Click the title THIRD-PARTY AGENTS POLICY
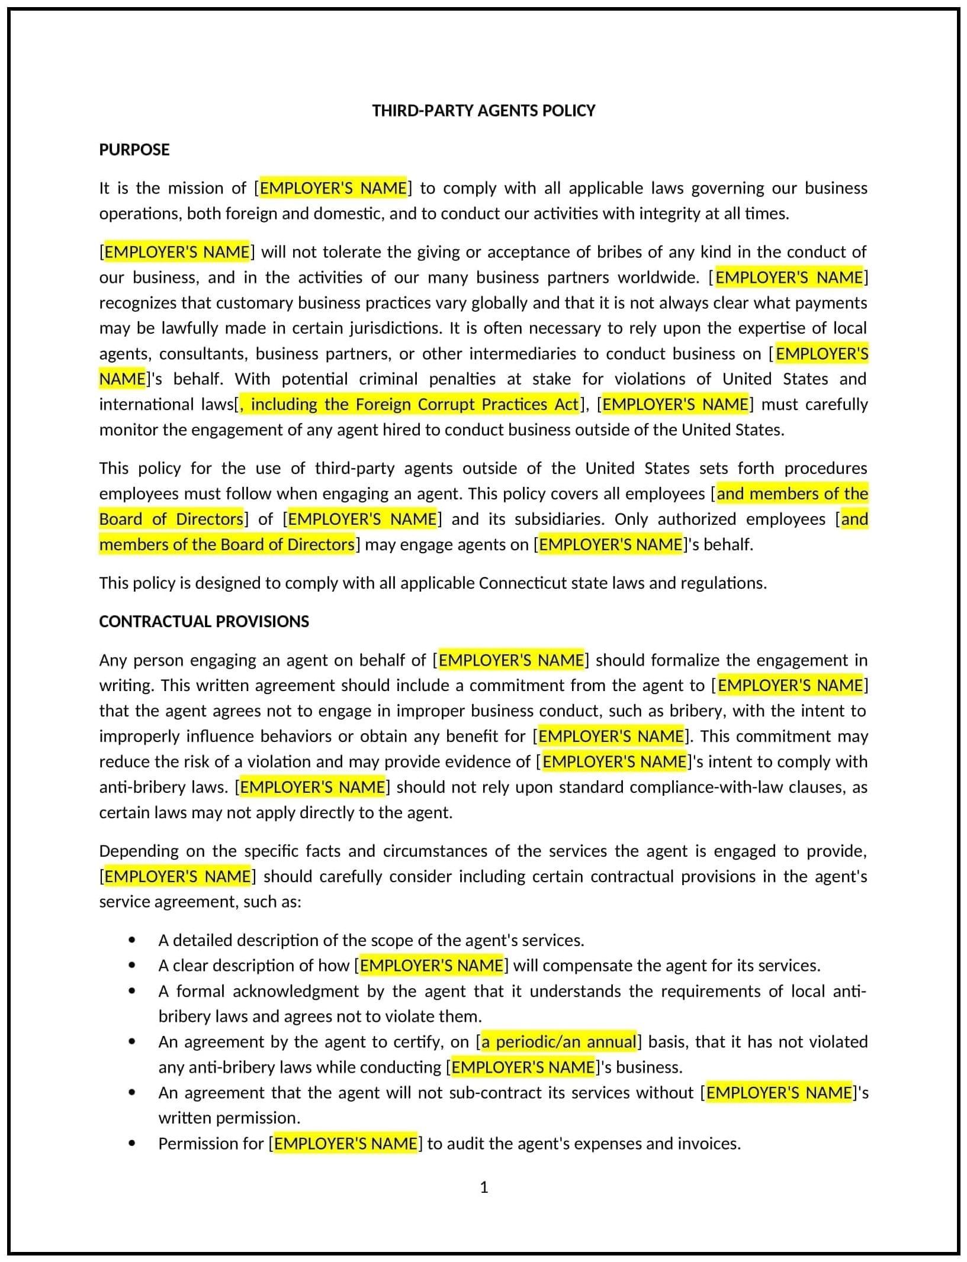pos(483,111)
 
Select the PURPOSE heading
pos(134,150)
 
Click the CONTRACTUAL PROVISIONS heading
pos(204,621)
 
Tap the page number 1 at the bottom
pos(484,1187)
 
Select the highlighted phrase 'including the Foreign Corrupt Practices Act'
pos(414,405)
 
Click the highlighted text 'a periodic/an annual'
pos(558,1042)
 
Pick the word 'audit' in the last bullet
pos(468,1144)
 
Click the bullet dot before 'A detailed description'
pos(131,940)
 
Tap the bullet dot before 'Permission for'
pos(131,1144)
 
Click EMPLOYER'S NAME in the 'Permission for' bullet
pos(345,1144)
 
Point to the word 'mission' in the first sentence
pos(195,188)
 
